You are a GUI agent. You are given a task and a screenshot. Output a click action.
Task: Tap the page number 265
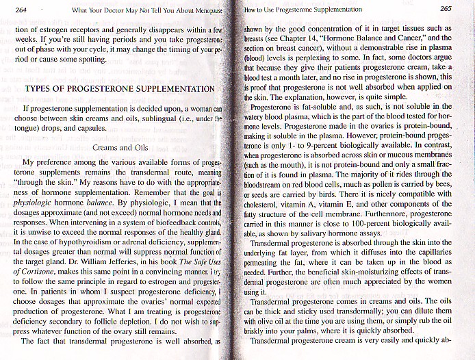446,9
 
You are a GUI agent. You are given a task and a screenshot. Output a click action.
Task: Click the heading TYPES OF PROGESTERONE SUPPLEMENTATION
120,89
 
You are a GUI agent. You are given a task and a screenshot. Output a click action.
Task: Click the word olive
266,319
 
